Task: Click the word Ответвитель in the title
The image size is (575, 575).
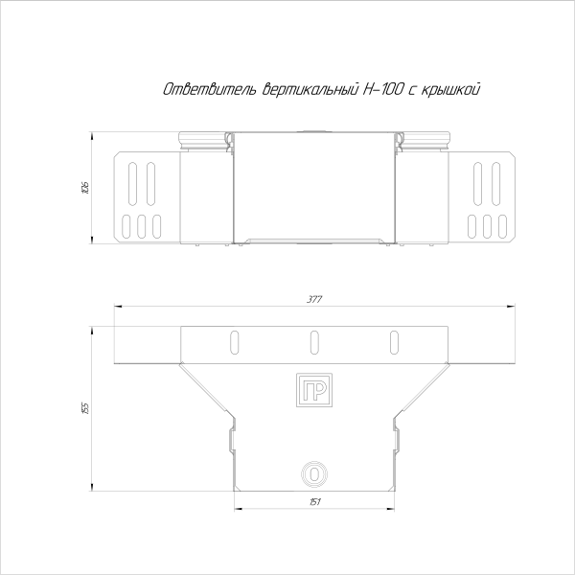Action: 206,89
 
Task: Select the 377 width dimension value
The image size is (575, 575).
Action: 314,300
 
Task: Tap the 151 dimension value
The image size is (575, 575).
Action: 313,501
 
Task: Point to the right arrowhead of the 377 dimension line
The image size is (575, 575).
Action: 513,306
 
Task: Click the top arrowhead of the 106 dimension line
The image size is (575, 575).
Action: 91,134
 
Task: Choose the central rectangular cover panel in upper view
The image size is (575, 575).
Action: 313,187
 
